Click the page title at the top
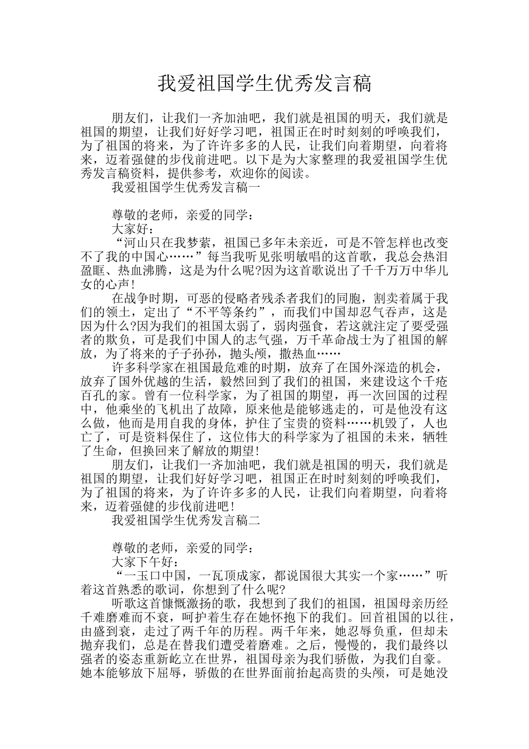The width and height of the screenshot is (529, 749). (x=264, y=84)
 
